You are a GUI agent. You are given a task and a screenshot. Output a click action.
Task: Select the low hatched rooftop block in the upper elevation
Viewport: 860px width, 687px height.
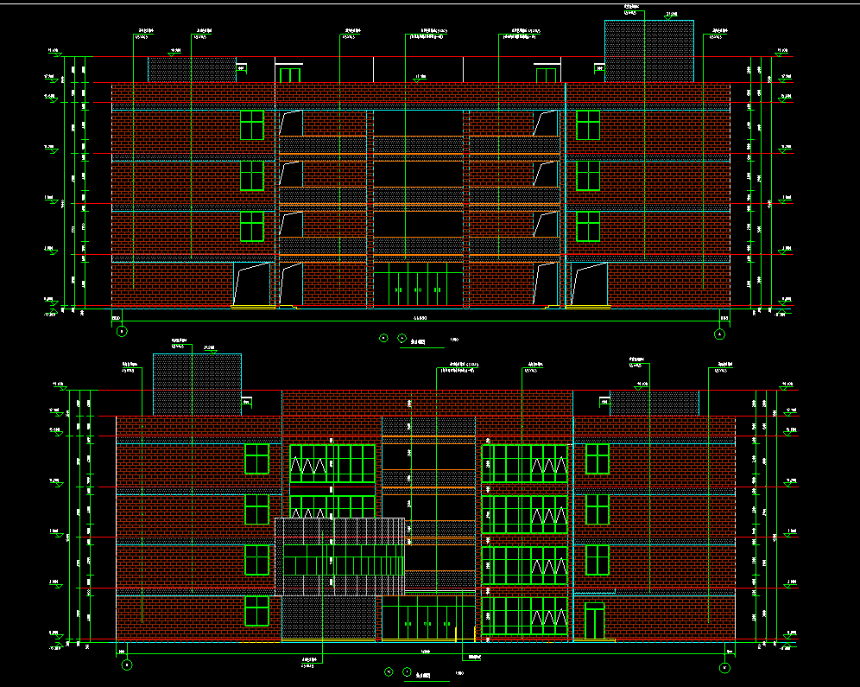tap(193, 70)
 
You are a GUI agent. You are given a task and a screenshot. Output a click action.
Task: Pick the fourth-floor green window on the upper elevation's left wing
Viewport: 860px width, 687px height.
tap(251, 124)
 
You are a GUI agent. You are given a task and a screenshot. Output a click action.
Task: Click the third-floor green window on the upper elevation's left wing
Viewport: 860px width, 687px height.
tap(251, 175)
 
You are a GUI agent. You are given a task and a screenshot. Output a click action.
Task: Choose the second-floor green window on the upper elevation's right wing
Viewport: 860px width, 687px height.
tap(588, 226)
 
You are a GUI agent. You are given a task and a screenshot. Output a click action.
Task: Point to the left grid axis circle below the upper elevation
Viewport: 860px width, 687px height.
tap(122, 331)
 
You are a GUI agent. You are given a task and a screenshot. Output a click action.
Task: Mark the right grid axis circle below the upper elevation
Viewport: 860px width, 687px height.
tap(720, 334)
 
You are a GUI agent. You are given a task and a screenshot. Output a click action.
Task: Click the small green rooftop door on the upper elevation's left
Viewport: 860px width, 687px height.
tap(290, 74)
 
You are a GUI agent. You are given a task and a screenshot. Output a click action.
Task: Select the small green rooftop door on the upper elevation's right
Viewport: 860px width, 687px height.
tap(547, 74)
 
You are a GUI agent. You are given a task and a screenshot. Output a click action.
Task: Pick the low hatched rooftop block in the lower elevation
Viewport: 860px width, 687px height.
tap(654, 403)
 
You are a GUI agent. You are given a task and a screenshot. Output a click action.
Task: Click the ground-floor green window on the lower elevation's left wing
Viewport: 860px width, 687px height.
tap(256, 611)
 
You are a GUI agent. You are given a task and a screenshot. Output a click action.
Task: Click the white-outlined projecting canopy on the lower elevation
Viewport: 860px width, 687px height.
tap(340, 557)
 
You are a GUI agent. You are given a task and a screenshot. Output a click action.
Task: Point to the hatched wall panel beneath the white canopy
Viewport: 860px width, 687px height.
tap(330, 620)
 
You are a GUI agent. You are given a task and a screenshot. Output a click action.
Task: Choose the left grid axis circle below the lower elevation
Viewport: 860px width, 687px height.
tap(127, 665)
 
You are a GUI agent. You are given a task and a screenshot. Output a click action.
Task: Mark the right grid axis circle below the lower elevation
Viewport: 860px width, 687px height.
tap(724, 667)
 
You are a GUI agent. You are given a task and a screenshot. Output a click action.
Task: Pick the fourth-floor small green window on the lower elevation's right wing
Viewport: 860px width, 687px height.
tap(597, 459)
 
